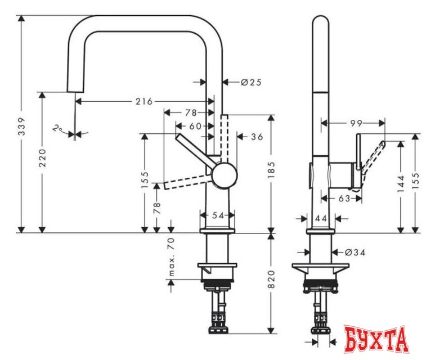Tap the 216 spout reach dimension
[x=144, y=102]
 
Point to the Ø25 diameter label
[x=251, y=82]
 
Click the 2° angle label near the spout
[x=57, y=129]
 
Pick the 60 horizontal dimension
[x=195, y=126]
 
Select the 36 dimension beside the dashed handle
[x=257, y=136]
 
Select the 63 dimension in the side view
[x=343, y=197]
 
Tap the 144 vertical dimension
[x=400, y=183]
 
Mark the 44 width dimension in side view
[x=322, y=218]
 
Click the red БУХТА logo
[x=376, y=339]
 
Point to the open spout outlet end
[x=74, y=92]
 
